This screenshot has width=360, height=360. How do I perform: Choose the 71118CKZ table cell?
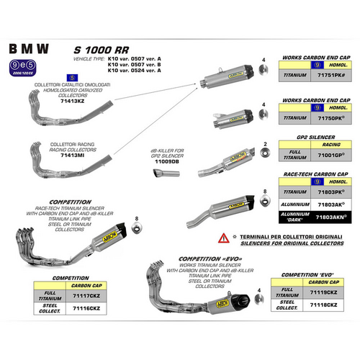(x=324, y=306)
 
